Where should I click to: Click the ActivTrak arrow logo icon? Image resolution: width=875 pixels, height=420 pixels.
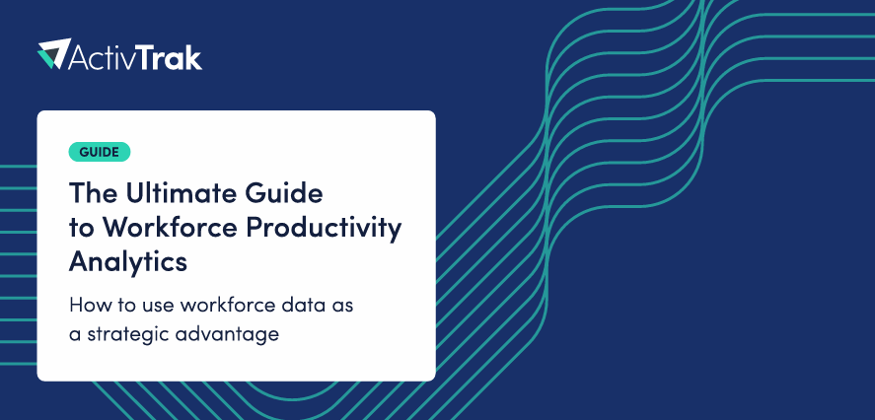point(54,53)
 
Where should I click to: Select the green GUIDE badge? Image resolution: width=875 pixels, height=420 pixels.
point(100,152)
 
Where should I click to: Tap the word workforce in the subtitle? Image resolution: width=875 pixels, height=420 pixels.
point(229,306)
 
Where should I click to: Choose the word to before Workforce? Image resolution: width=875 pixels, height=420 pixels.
point(82,229)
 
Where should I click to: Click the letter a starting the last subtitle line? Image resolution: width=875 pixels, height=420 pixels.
point(74,336)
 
